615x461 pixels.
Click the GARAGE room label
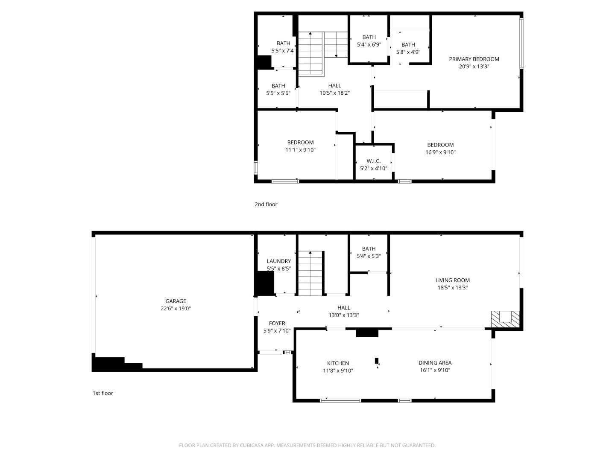pos(176,301)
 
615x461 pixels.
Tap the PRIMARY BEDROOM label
pos(474,59)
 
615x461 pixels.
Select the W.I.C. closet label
pos(373,161)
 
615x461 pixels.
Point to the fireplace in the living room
pos(505,319)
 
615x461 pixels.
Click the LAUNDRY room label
pos(279,261)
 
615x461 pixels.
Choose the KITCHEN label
pos(338,363)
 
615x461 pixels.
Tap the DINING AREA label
pos(435,363)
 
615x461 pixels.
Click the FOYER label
pos(277,323)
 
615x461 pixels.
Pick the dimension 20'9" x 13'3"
pos(474,67)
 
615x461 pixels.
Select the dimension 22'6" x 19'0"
pos(176,309)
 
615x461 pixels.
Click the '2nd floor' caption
pos(266,204)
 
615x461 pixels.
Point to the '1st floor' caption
pos(103,393)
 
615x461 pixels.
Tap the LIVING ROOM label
pos(452,280)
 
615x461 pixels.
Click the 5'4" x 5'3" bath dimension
pos(369,256)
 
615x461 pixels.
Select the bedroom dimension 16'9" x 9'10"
pos(440,152)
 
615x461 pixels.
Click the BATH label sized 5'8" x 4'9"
pos(408,45)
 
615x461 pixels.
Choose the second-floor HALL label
pos(334,86)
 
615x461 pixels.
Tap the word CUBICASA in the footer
pos(252,445)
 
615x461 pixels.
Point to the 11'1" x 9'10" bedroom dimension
pos(300,150)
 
